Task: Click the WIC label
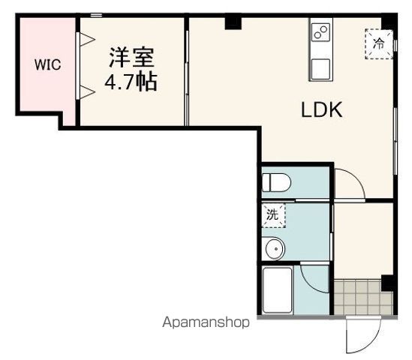[47, 64]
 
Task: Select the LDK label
[321, 110]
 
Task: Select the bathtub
[280, 291]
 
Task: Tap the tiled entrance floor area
[362, 298]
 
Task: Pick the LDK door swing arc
[349, 184]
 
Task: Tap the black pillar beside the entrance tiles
[386, 283]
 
